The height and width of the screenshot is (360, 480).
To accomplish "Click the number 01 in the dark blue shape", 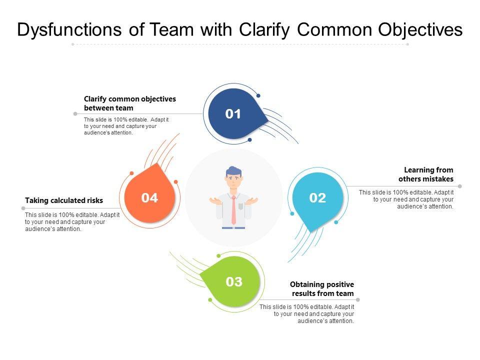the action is pyautogui.click(x=233, y=114).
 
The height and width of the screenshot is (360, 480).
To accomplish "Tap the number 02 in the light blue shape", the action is pyautogui.click(x=317, y=198).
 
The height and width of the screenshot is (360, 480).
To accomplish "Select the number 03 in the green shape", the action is pyautogui.click(x=234, y=281).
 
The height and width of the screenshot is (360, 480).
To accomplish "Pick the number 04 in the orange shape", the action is pyautogui.click(x=149, y=198).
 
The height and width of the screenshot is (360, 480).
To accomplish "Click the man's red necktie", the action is pyautogui.click(x=233, y=210).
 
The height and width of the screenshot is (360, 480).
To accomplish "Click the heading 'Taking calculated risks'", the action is pyautogui.click(x=64, y=200).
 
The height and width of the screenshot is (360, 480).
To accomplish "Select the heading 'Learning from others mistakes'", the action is pyautogui.click(x=426, y=174).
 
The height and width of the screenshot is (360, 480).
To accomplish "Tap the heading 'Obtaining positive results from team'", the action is pyautogui.click(x=322, y=288).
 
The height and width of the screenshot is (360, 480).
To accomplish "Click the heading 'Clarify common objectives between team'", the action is pyautogui.click(x=130, y=103).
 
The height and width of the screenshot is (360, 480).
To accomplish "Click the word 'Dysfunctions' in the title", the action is pyautogui.click(x=69, y=30).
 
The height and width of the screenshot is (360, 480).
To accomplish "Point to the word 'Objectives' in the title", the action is pyautogui.click(x=420, y=30).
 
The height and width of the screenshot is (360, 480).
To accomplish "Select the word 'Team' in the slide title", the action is pyautogui.click(x=171, y=29).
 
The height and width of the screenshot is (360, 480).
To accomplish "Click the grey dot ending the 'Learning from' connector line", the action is pyautogui.click(x=460, y=186).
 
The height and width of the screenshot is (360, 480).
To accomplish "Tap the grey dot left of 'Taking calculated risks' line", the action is pyautogui.click(x=23, y=208).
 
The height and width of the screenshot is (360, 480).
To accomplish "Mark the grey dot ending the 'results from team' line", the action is pyautogui.click(x=358, y=299).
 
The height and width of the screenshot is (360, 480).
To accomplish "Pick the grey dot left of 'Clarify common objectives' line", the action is pyautogui.click(x=75, y=114).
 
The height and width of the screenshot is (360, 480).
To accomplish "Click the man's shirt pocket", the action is pyautogui.click(x=241, y=206).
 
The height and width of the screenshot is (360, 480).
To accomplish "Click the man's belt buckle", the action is pyautogui.click(x=233, y=228).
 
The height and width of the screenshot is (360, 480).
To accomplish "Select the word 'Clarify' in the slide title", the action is pyautogui.click(x=264, y=30).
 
